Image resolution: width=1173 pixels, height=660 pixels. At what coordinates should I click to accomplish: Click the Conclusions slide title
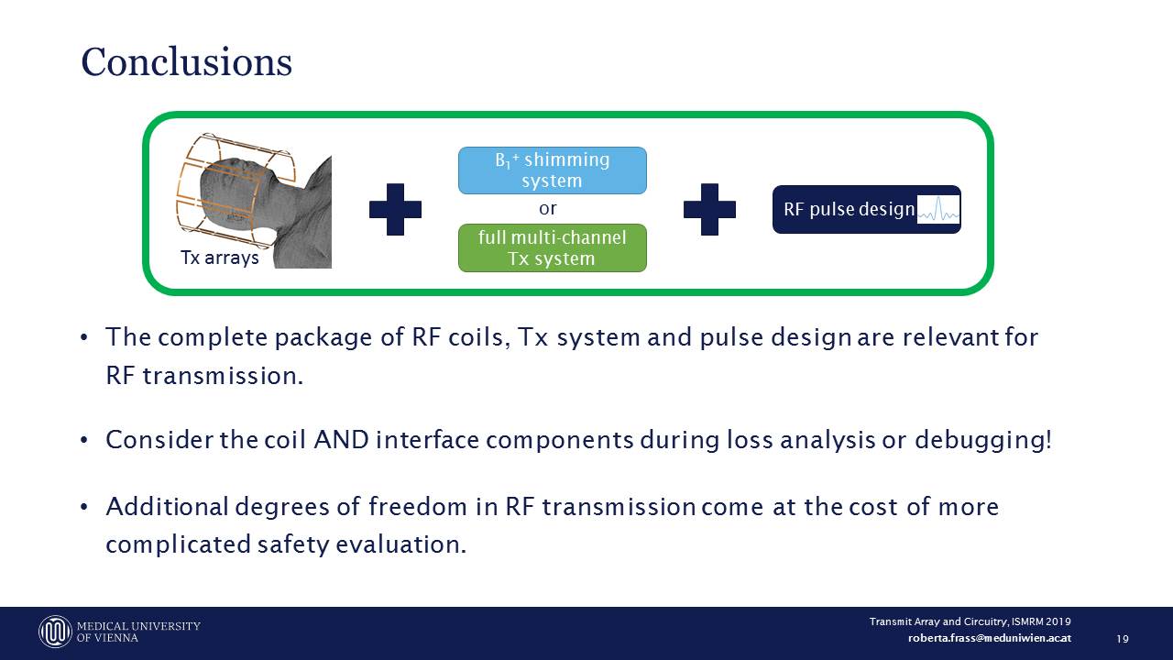pyautogui.click(x=186, y=61)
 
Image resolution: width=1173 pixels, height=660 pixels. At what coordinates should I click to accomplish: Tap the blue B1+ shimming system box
pyautogui.click(x=553, y=170)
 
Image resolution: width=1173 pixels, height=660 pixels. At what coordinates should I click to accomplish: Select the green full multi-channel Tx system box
pyautogui.click(x=553, y=247)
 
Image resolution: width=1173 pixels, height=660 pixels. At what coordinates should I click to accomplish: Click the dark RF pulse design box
pyautogui.click(x=867, y=209)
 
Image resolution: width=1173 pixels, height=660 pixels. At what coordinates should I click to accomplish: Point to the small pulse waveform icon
pyautogui.click(x=938, y=209)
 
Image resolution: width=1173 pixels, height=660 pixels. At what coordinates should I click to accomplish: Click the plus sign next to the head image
pyautogui.click(x=395, y=209)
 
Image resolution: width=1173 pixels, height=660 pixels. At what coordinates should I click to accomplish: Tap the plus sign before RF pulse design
pyautogui.click(x=709, y=209)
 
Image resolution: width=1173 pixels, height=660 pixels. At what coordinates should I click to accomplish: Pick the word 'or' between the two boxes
pyautogui.click(x=548, y=209)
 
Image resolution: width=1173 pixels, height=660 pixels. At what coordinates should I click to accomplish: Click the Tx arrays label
pyautogui.click(x=219, y=258)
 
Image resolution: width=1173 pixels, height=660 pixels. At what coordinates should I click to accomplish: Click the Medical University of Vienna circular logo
pyautogui.click(x=55, y=632)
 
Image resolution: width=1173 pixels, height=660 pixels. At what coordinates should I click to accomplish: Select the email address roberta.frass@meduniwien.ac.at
pyautogui.click(x=989, y=638)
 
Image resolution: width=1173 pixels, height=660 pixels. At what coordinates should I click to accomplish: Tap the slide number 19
pyautogui.click(x=1123, y=639)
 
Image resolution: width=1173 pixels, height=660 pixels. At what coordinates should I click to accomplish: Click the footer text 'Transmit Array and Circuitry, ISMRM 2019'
pyautogui.click(x=970, y=621)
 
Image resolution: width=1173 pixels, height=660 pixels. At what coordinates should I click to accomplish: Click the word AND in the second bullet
pyautogui.click(x=342, y=439)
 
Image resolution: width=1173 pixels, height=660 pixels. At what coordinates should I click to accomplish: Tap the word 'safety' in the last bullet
pyautogui.click(x=293, y=545)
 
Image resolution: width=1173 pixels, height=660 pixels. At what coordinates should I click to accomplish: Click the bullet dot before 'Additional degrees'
pyautogui.click(x=83, y=507)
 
